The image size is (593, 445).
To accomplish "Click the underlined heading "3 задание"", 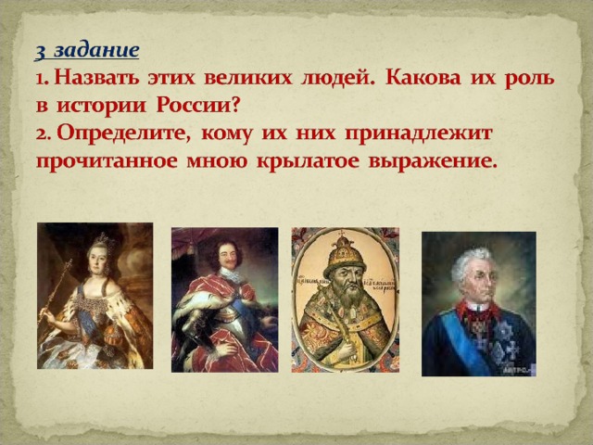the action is tap(87, 51).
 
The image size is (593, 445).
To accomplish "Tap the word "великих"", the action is tap(248, 78).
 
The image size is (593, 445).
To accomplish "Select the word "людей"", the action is tap(337, 79).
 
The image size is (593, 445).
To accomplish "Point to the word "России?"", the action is tap(198, 106).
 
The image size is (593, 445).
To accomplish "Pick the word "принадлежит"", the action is tap(418, 134).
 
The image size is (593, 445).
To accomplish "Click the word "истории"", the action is tap(101, 106).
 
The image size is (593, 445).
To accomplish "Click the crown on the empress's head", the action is tap(102, 240).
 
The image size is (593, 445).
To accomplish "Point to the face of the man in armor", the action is tap(229, 256).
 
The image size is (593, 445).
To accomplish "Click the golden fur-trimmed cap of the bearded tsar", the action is tap(344, 254).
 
